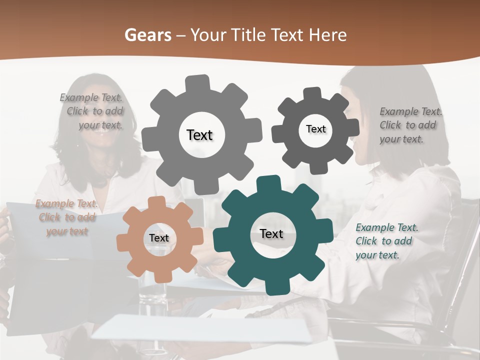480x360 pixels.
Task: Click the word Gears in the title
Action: [x=147, y=35]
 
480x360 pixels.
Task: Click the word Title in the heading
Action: [x=250, y=35]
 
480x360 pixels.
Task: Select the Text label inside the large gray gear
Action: [x=199, y=135]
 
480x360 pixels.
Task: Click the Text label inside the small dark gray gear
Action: [x=315, y=129]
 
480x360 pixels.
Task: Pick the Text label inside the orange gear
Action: [x=158, y=238]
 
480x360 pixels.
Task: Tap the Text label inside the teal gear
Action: [x=271, y=234]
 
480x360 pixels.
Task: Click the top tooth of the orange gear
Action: [x=157, y=202]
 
